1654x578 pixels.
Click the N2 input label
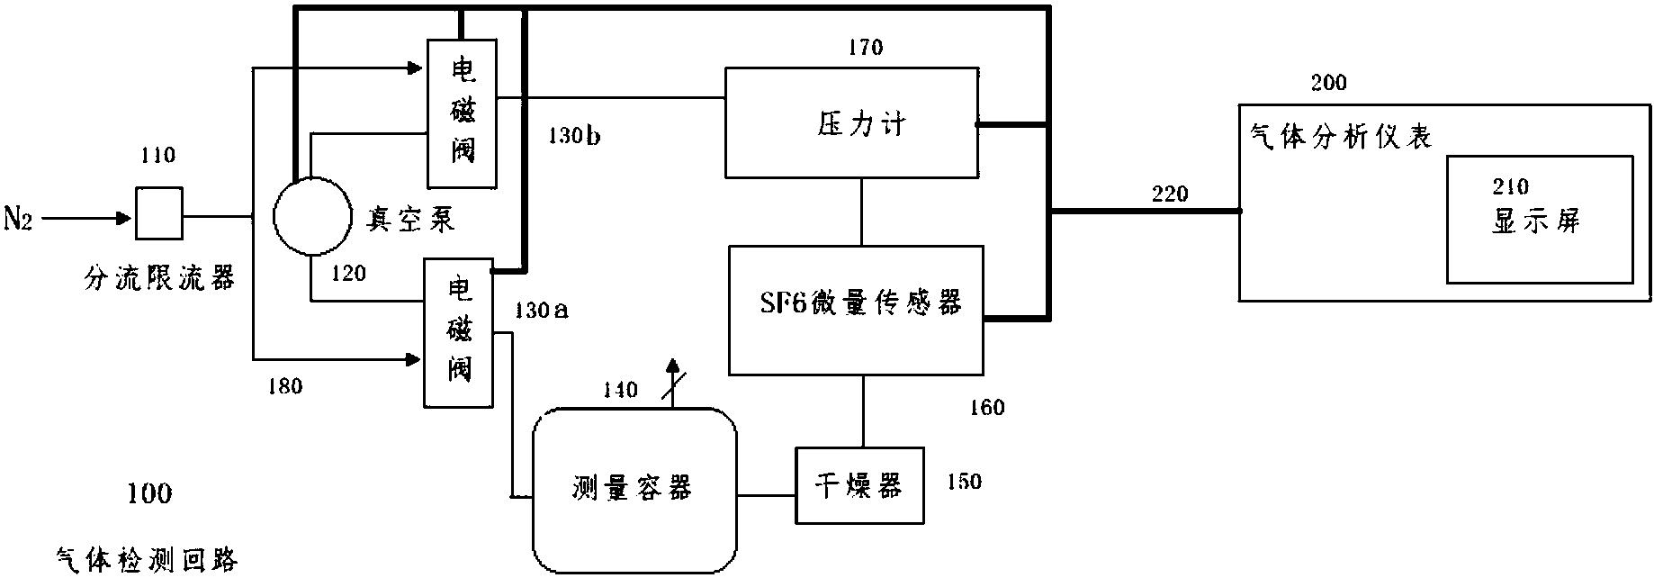(x=18, y=219)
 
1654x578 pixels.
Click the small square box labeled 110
(x=158, y=213)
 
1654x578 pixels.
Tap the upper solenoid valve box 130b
(x=462, y=113)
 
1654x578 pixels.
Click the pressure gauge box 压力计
(x=852, y=122)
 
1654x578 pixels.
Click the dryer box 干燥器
(x=859, y=486)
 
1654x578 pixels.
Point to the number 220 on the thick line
(x=1170, y=194)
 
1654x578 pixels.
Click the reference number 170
(x=865, y=48)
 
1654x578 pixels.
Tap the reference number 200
(x=1328, y=84)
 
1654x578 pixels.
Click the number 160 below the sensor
(x=986, y=408)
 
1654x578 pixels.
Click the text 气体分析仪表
(x=1341, y=138)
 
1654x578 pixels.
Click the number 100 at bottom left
(x=149, y=493)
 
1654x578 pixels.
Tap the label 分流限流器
(x=158, y=278)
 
